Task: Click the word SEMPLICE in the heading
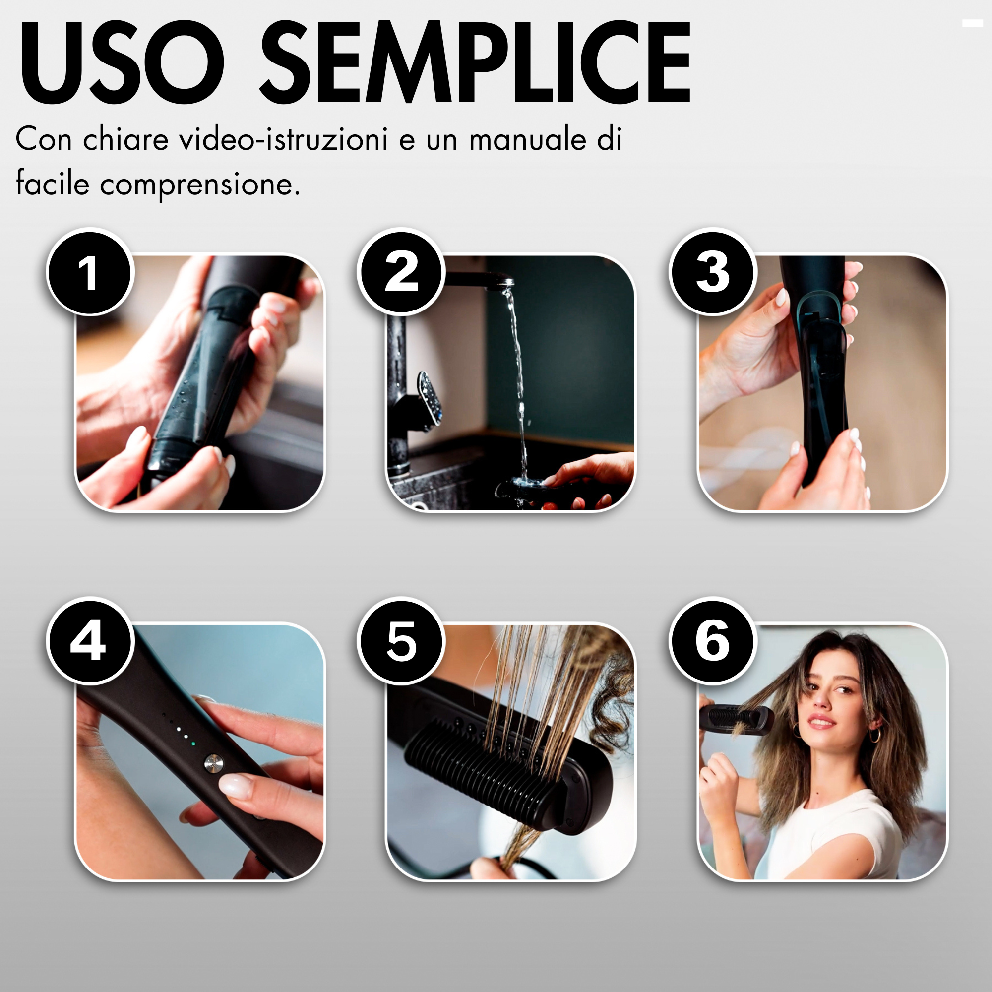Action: tap(476, 62)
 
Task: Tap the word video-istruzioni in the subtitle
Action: tap(283, 139)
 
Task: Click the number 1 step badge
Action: tap(90, 273)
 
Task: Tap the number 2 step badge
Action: tap(401, 273)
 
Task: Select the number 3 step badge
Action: tap(713, 273)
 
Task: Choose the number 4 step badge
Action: tap(90, 641)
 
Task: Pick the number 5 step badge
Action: tap(401, 641)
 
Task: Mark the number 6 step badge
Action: tap(713, 641)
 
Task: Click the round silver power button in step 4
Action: tap(212, 763)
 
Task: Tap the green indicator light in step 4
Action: tap(192, 743)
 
